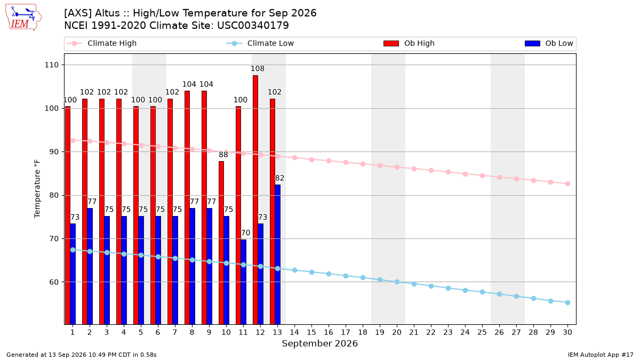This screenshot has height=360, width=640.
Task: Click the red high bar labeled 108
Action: [255, 199]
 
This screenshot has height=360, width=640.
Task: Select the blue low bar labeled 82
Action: [278, 254]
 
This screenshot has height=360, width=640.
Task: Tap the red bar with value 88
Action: [221, 243]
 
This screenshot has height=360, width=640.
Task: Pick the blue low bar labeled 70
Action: [243, 282]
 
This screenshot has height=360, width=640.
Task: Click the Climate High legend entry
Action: [102, 43]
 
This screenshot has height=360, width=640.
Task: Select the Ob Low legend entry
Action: [549, 43]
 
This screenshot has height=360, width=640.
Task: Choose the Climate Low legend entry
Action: [260, 43]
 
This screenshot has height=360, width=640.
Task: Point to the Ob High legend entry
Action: [409, 43]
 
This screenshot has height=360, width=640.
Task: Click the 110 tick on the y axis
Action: [51, 65]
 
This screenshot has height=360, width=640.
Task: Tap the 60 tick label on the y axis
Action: [54, 282]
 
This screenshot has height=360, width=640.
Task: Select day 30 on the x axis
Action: [567, 332]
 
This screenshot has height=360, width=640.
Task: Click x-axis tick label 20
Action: [397, 332]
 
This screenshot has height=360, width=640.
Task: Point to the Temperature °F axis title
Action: [37, 189]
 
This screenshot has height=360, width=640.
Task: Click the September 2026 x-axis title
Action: [319, 343]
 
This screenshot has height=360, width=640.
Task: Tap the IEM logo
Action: [23, 18]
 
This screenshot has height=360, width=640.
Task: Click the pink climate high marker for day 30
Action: [567, 183]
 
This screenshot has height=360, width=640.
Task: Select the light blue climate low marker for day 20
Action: [397, 282]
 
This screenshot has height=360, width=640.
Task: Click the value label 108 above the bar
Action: [258, 69]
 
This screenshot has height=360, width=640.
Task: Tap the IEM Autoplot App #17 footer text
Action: [601, 355]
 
